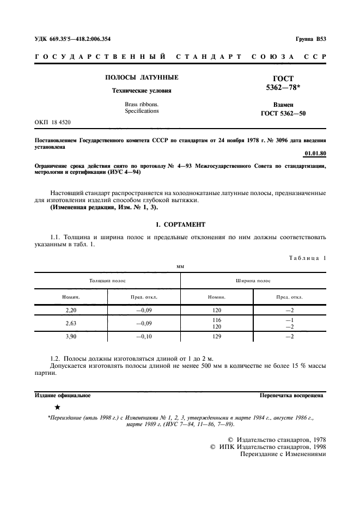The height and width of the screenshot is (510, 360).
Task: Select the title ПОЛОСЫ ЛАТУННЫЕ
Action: tap(142, 78)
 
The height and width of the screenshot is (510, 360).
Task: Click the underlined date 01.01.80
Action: tap(315, 154)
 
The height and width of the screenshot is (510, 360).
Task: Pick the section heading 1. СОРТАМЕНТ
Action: tap(180, 224)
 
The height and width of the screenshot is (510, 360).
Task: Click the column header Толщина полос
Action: tap(108, 281)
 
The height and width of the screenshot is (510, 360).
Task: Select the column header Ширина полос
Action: tap(253, 281)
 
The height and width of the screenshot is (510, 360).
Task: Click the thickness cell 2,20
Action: tap(71, 309)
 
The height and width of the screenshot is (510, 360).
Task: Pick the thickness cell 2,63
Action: tap(71, 323)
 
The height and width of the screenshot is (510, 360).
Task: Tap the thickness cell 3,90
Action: tap(71, 337)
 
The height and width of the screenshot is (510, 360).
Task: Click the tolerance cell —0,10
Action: tap(144, 337)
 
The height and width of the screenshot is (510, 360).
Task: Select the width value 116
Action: tap(217, 320)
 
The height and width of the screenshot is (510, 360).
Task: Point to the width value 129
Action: tap(217, 337)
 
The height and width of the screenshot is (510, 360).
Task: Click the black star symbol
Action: tap(58, 407)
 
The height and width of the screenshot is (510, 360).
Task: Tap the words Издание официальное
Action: tap(62, 396)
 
